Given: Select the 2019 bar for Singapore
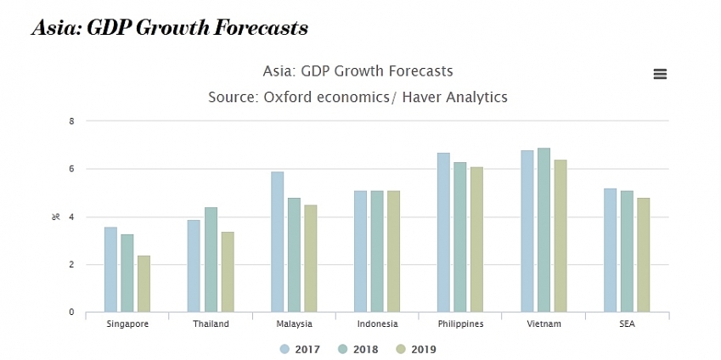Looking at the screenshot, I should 144,284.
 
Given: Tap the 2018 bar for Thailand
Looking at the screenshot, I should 211,260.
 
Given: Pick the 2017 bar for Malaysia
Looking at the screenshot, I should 277,242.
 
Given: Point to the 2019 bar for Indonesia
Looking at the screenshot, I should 393,251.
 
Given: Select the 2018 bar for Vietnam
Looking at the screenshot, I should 544,230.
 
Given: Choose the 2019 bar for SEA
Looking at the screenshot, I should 643,255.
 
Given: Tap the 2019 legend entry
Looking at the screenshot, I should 415,349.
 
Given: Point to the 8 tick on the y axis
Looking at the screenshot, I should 72,121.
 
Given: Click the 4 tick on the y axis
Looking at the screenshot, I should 72,217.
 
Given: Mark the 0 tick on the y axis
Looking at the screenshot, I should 72,312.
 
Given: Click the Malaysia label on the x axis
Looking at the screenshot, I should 294,324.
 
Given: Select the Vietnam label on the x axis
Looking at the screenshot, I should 544,324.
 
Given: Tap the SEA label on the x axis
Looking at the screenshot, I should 627,324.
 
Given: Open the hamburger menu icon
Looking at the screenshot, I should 660,74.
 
